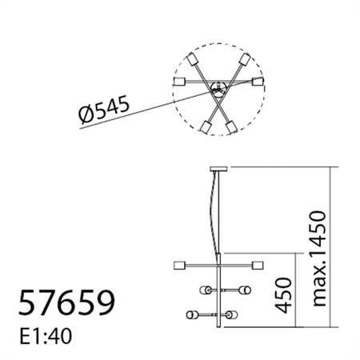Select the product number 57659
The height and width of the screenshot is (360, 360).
66,303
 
